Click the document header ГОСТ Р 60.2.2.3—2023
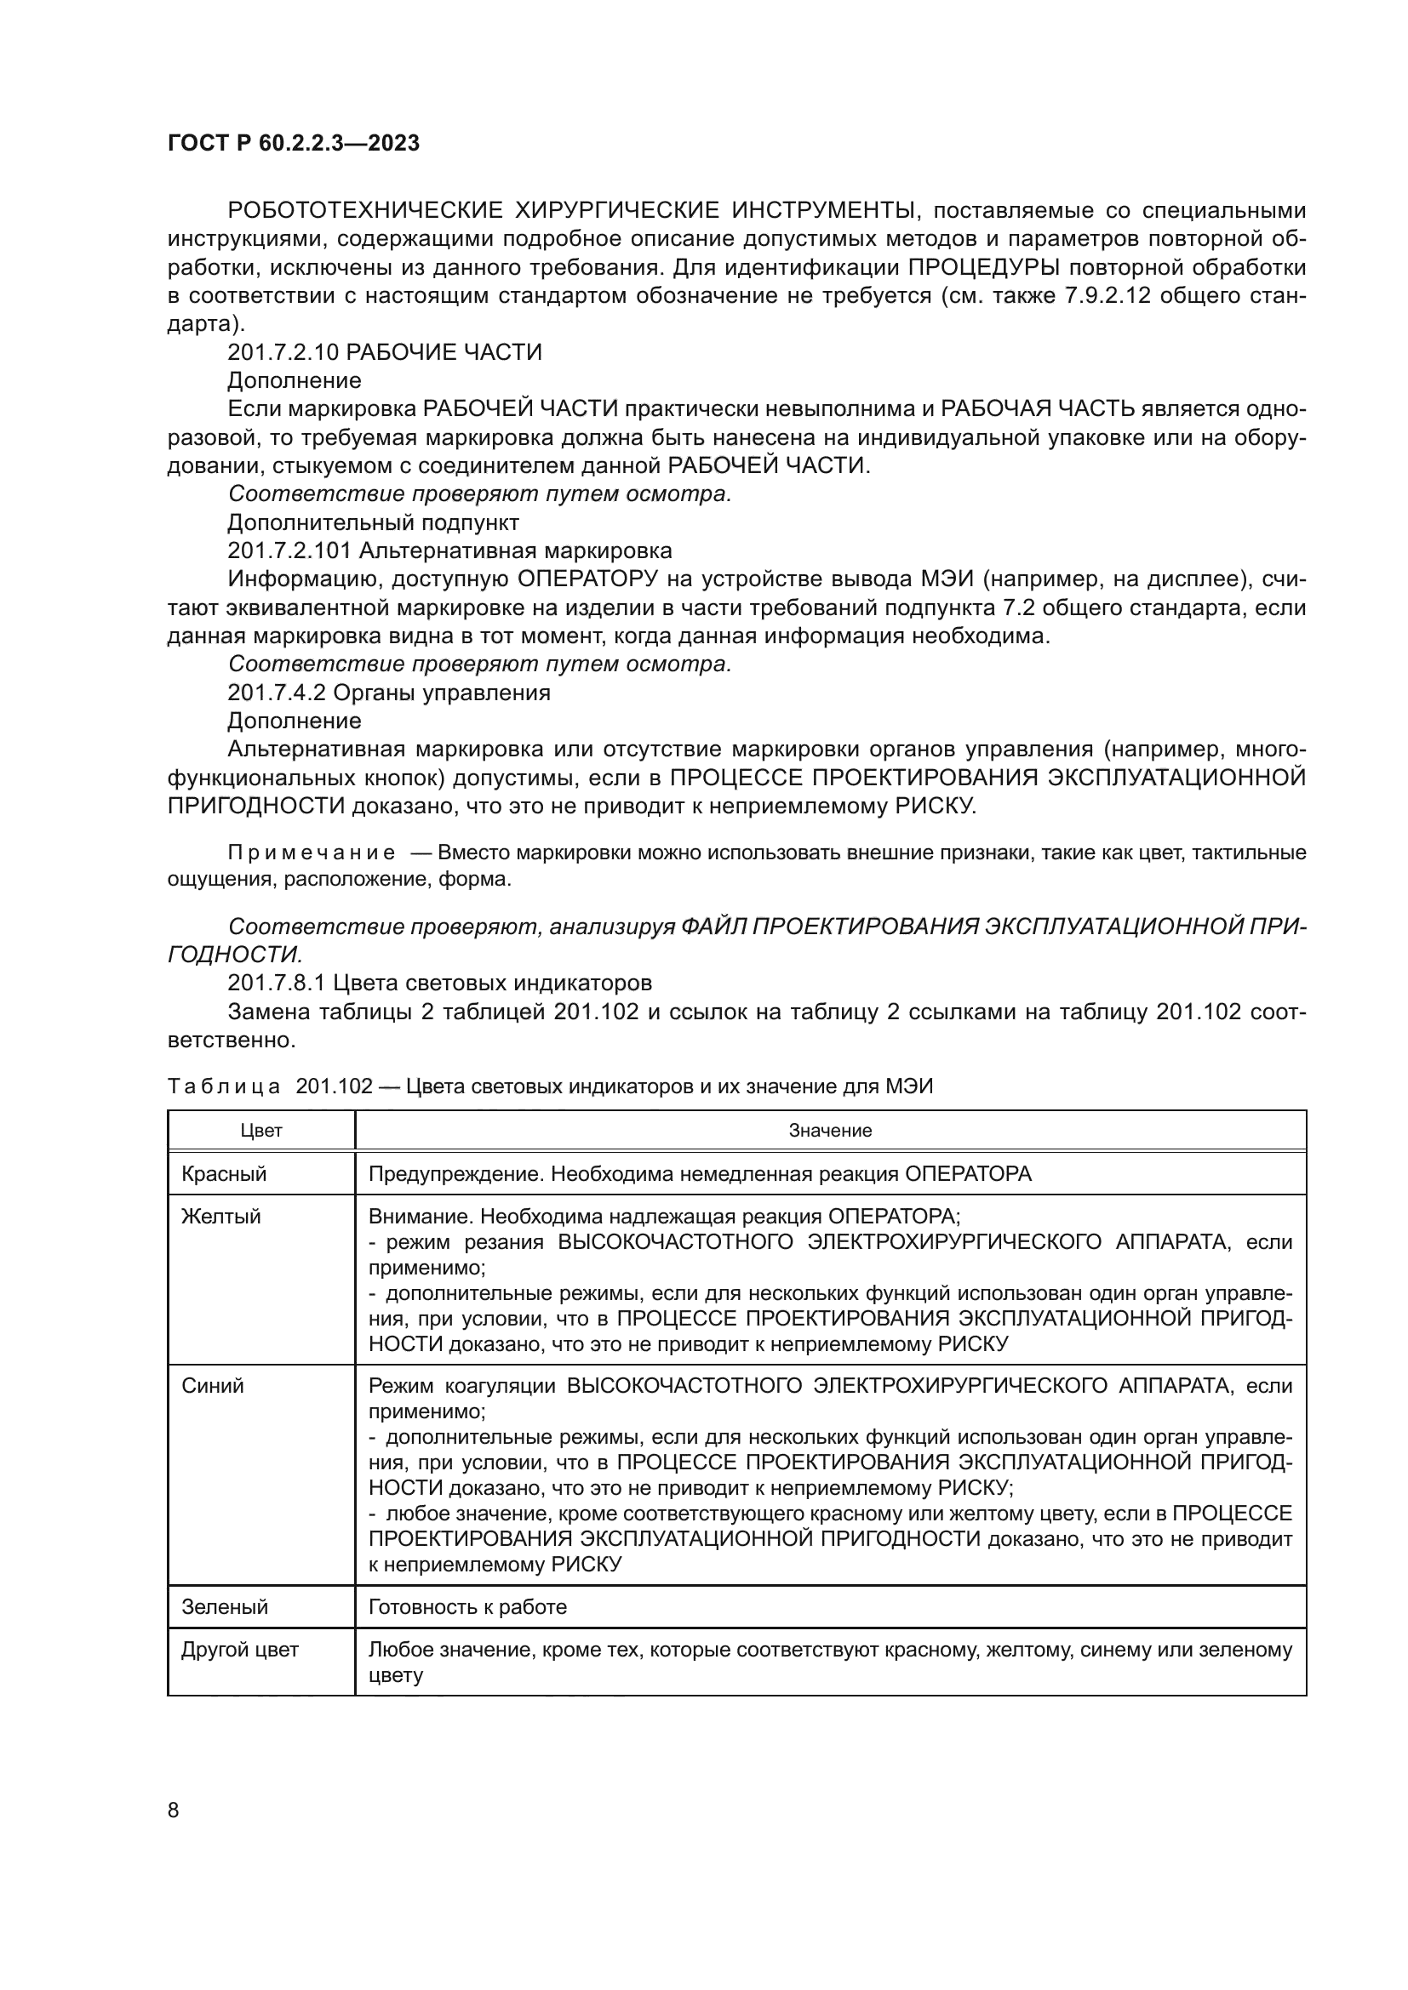click(x=293, y=143)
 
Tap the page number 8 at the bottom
click(x=173, y=1810)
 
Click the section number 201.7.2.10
click(x=283, y=352)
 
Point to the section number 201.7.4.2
click(x=277, y=693)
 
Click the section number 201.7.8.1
click(x=277, y=983)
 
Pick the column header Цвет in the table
click(x=261, y=1130)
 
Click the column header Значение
click(x=830, y=1130)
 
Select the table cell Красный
click(x=224, y=1173)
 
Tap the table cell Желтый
click(x=221, y=1216)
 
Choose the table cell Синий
click(x=213, y=1385)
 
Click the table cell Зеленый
click(x=225, y=1607)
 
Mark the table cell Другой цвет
click(x=239, y=1650)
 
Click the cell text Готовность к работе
click(x=467, y=1607)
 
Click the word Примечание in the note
click(x=312, y=852)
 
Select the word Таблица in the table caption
click(x=223, y=1086)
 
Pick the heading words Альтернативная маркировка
click(x=515, y=550)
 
